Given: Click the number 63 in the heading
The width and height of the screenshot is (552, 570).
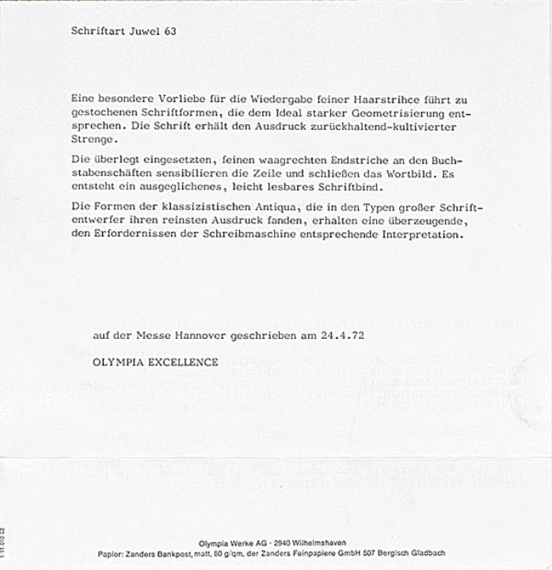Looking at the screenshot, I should pyautogui.click(x=170, y=32).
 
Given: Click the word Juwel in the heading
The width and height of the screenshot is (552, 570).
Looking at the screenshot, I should pyautogui.click(x=143, y=32).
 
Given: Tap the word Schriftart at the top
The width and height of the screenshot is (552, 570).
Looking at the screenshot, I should pyautogui.click(x=97, y=32).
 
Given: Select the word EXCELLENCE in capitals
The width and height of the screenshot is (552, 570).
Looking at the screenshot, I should pyautogui.click(x=185, y=363).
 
